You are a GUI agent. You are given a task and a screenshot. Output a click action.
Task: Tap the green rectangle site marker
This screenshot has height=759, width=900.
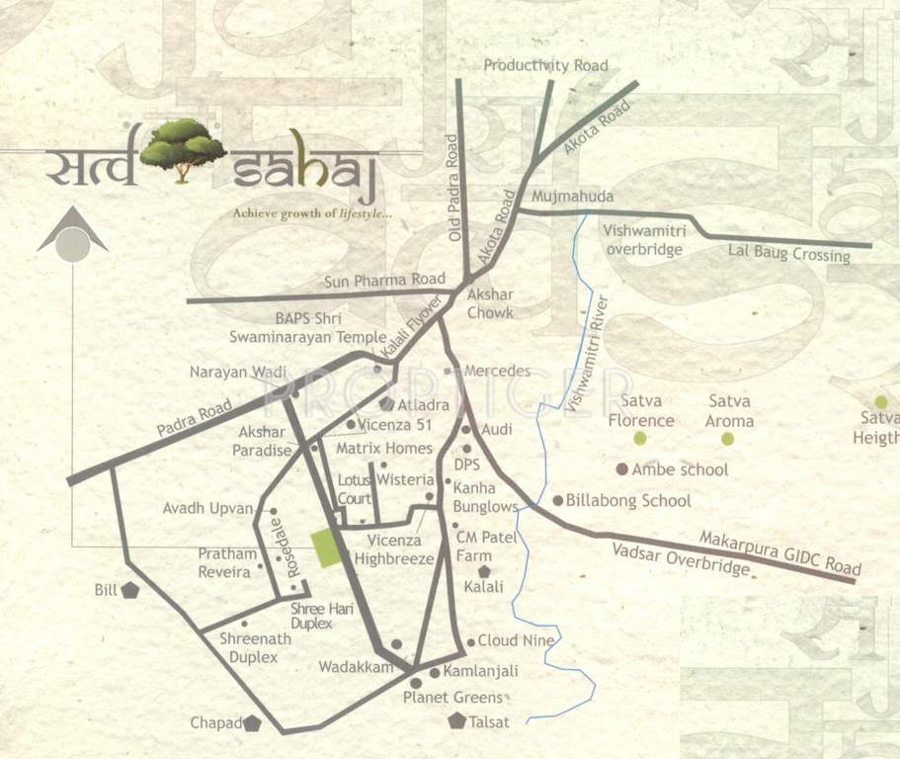(324, 548)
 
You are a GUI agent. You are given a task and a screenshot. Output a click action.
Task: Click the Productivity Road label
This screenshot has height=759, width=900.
(545, 65)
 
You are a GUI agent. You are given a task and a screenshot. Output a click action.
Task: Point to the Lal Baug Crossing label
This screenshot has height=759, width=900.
(788, 254)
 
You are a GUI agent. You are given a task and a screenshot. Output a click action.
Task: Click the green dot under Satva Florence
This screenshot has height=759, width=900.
(640, 438)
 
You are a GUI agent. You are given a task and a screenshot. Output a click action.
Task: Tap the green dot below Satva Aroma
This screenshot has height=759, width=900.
(727, 438)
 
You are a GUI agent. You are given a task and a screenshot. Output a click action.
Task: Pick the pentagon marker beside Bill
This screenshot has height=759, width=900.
(129, 591)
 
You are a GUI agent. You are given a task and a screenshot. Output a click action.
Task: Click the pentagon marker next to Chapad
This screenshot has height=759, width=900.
(252, 723)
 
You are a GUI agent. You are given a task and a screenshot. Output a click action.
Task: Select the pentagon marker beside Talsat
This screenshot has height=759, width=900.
(456, 720)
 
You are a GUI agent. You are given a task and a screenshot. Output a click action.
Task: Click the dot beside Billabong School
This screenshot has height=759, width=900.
(557, 500)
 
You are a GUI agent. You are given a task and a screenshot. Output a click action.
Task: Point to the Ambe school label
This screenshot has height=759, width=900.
(680, 469)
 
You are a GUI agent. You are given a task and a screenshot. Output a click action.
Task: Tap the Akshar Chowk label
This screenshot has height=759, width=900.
(489, 303)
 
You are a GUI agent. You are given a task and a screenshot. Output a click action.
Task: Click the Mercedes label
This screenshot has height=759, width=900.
(497, 371)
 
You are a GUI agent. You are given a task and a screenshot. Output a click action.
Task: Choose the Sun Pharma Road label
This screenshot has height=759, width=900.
(385, 281)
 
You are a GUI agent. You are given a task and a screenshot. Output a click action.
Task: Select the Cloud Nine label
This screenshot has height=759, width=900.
(517, 640)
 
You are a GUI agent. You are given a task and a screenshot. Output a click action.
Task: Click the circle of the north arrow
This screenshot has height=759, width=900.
(72, 243)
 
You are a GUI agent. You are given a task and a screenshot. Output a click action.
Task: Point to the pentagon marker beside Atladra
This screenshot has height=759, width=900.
(386, 404)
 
